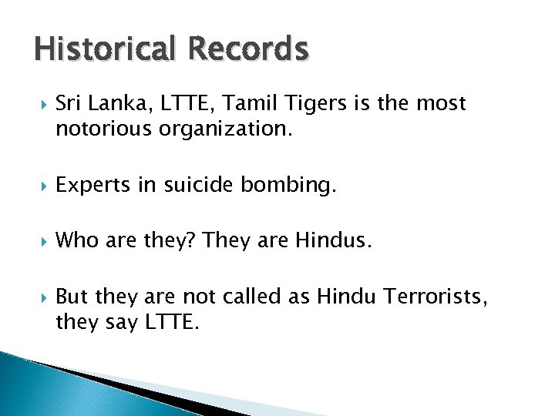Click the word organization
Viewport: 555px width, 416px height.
coord(226,129)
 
